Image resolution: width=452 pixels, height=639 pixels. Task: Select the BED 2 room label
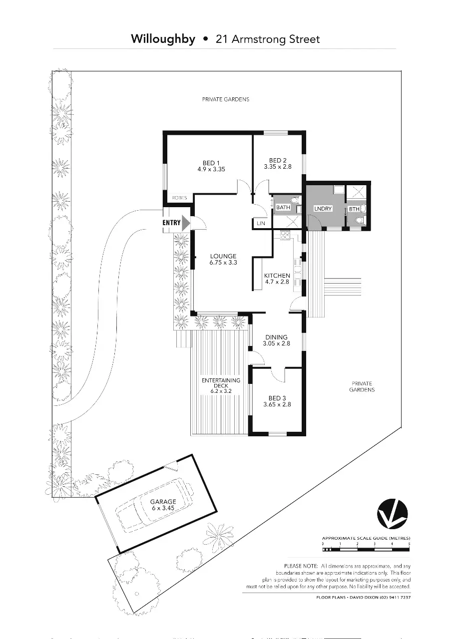tap(278, 163)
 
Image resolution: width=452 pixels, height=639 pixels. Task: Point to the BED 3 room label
tap(277, 401)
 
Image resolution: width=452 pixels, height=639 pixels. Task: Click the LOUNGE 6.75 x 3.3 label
tap(223, 259)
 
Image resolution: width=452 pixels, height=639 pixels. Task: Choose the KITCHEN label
tap(277, 279)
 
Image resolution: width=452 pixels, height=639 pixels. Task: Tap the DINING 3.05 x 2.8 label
tap(277, 340)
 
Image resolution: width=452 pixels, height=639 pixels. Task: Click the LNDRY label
tap(323, 208)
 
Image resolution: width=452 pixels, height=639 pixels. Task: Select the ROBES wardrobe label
tap(179, 198)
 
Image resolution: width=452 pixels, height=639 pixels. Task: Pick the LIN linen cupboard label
tap(261, 224)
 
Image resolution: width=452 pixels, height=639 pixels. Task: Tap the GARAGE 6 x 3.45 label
tap(163, 504)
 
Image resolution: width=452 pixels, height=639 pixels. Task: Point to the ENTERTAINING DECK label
tap(221, 386)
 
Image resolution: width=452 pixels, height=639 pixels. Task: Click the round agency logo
tap(393, 514)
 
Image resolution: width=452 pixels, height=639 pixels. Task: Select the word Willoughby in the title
tap(163, 39)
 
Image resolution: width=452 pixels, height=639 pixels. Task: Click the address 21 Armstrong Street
tap(268, 39)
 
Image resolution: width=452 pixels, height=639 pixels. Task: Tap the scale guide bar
tap(366, 549)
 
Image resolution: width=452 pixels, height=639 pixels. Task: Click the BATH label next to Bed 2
tap(283, 207)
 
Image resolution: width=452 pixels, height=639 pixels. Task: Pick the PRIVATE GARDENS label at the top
tap(225, 99)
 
